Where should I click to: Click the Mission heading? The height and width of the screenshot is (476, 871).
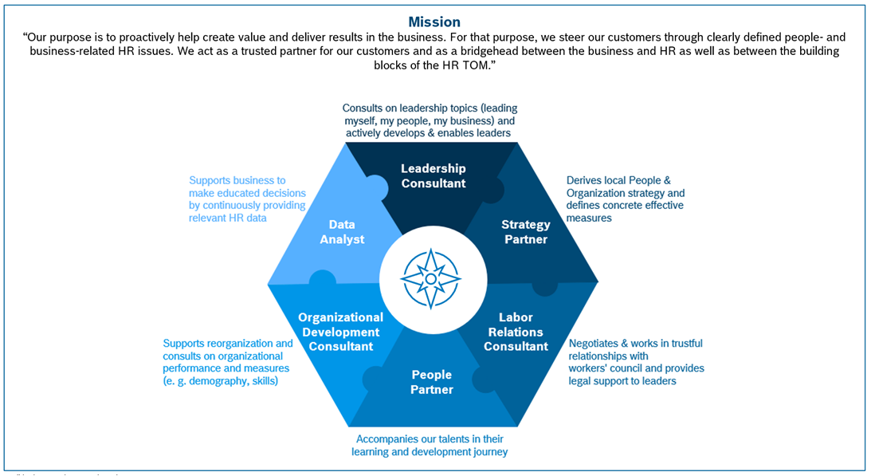click(x=434, y=22)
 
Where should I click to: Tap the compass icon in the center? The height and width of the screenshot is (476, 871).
click(x=430, y=278)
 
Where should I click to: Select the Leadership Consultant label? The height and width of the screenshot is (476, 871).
click(x=434, y=175)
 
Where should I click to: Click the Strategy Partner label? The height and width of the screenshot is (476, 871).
click(x=526, y=231)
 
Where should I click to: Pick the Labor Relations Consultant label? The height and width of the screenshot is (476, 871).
click(x=516, y=332)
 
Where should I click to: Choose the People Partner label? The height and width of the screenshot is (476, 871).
click(x=432, y=382)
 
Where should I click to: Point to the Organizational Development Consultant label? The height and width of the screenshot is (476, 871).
click(x=340, y=332)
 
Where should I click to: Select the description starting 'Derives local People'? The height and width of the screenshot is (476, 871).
click(x=625, y=199)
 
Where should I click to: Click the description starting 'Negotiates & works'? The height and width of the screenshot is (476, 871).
click(x=636, y=362)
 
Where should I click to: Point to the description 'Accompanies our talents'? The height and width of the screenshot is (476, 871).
click(x=430, y=445)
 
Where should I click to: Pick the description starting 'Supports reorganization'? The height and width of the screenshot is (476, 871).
click(x=228, y=362)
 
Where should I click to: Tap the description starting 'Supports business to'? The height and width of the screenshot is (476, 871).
click(x=247, y=199)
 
